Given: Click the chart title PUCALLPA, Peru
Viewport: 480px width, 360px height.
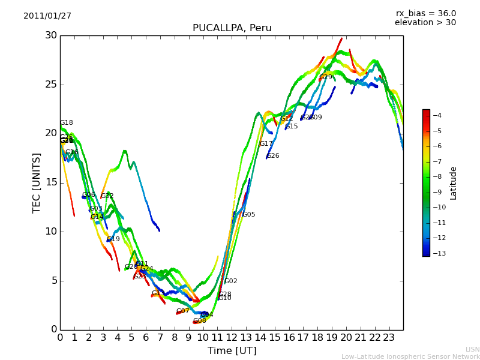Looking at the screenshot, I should [x=232, y=28].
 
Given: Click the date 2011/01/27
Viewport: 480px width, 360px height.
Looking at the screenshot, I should [x=47, y=16].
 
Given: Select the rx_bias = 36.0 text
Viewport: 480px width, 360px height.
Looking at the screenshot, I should [x=425, y=13].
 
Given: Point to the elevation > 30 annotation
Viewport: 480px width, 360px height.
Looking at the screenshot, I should [x=425, y=23].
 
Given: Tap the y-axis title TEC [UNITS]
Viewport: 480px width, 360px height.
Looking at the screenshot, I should [x=37, y=182].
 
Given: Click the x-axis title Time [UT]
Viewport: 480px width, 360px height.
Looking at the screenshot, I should [x=232, y=350].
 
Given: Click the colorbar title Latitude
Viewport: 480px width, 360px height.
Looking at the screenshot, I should [x=453, y=183].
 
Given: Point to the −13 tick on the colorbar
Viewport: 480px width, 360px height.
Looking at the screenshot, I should [x=437, y=253].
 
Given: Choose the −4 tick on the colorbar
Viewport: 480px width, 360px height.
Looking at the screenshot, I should [x=437, y=115].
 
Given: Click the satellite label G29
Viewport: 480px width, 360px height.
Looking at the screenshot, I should [x=326, y=77].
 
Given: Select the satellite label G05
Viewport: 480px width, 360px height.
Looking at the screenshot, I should [x=249, y=215].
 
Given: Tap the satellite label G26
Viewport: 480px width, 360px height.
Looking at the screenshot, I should [x=273, y=156].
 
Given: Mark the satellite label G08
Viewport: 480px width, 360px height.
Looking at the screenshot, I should [x=200, y=321].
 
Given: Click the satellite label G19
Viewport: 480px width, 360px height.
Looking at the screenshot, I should [x=113, y=239].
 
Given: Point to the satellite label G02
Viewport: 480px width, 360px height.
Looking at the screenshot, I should [x=231, y=281].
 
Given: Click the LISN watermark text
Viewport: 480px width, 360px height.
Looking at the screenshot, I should [x=472, y=349].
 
